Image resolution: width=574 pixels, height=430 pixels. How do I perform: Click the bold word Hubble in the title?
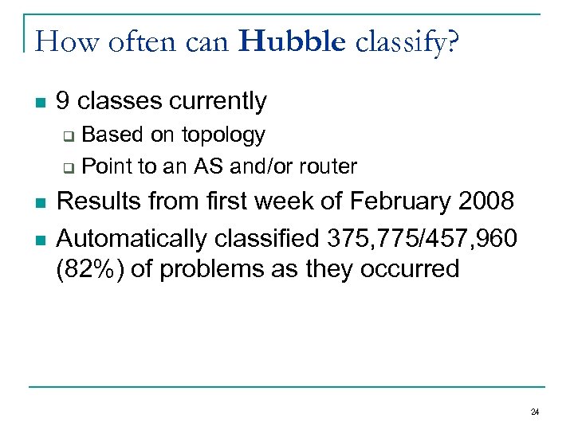[292, 41]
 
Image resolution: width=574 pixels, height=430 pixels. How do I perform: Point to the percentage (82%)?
[85, 269]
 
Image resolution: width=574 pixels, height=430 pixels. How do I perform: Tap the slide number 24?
[534, 412]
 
